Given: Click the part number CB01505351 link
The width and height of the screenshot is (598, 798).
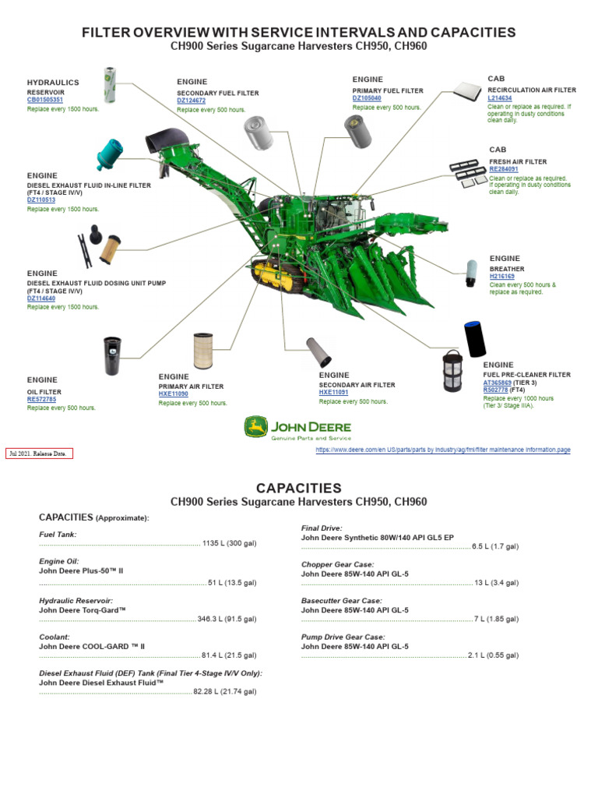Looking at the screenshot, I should (45, 100).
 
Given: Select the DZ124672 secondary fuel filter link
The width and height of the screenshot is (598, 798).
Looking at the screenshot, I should (192, 101).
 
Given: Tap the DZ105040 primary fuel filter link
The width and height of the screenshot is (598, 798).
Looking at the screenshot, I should (367, 98).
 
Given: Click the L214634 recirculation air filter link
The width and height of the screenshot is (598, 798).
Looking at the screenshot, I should (500, 99).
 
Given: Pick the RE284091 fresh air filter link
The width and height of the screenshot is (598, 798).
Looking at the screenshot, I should (503, 169).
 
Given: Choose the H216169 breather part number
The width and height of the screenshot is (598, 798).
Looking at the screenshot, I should (503, 277).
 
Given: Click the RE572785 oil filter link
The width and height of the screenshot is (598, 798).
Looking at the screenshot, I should (42, 399).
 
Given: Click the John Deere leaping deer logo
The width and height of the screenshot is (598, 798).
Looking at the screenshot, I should (255, 427).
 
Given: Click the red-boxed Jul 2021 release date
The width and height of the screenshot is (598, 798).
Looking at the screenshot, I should (39, 453).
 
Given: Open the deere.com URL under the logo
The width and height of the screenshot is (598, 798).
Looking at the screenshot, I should (442, 450).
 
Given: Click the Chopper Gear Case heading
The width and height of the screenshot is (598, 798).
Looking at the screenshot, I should (337, 564).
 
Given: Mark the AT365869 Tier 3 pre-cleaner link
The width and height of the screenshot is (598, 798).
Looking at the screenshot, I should (498, 383).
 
